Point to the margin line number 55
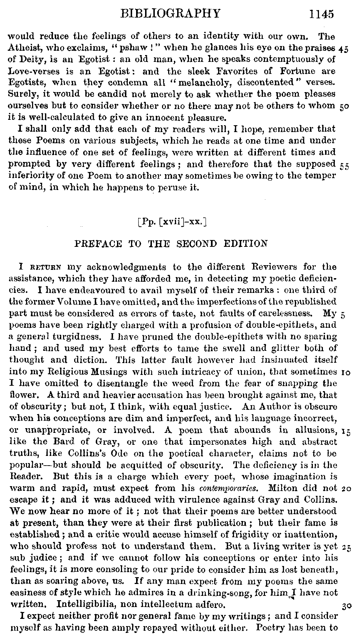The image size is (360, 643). click(345, 167)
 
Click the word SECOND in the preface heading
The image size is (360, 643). click(197, 244)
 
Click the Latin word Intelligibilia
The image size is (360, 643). click(79, 604)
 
